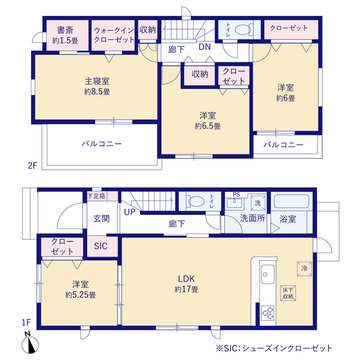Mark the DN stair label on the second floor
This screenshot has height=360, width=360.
203,47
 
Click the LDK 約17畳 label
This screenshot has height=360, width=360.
186,282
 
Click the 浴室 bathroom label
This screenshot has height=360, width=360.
288,218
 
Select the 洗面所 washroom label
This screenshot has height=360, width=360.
250,217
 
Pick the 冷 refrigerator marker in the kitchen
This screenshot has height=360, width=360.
303,267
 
